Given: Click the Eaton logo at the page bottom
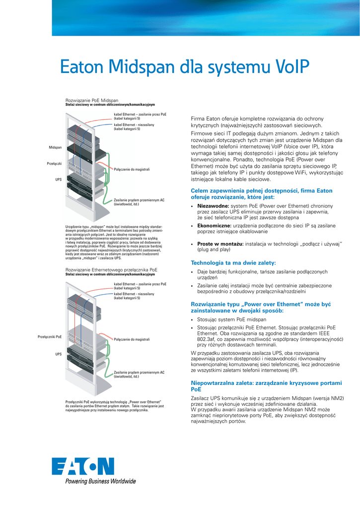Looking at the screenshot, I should [x=83, y=467].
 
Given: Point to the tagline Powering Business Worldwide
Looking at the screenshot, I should [x=94, y=481].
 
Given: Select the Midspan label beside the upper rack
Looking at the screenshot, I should [x=55, y=148].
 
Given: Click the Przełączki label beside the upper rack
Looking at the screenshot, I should [x=54, y=163].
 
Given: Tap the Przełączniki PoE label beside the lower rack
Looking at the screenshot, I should [x=50, y=337].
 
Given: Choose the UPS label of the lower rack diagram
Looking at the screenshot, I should [x=58, y=354].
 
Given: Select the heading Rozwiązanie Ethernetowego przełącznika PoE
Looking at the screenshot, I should [x=111, y=270].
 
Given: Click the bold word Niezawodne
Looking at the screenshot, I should [x=213, y=205].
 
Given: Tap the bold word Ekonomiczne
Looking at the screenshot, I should [x=214, y=226].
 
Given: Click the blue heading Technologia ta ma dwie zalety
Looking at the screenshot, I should [x=233, y=262].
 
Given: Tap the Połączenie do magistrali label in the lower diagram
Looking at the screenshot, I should [x=132, y=339].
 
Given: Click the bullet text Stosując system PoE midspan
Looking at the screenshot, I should [x=231, y=320].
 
